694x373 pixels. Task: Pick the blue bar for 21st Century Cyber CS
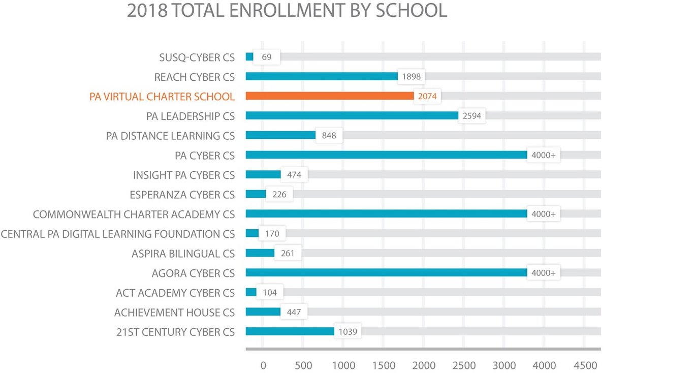pyautogui.click(x=290, y=332)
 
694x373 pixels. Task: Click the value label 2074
pyautogui.click(x=427, y=96)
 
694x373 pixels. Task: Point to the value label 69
pyautogui.click(x=266, y=57)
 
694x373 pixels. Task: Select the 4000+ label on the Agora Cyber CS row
pyautogui.click(x=543, y=273)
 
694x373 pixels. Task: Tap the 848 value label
pyautogui.click(x=329, y=136)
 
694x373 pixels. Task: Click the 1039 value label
pyautogui.click(x=348, y=332)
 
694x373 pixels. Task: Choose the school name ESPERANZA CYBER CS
pyautogui.click(x=182, y=195)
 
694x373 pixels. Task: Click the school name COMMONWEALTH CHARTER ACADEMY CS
pyautogui.click(x=134, y=214)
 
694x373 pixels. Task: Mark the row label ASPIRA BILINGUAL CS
pyautogui.click(x=183, y=254)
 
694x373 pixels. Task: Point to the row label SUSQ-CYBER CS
pyautogui.click(x=197, y=57)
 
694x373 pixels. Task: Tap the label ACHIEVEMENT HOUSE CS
pyautogui.click(x=174, y=313)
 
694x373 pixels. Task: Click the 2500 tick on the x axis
pyautogui.click(x=464, y=365)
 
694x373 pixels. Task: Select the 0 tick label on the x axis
pyautogui.click(x=263, y=365)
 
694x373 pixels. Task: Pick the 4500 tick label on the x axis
pyautogui.click(x=585, y=365)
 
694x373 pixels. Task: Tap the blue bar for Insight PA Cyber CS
pyautogui.click(x=263, y=175)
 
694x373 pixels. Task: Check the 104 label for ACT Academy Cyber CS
pyautogui.click(x=270, y=293)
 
